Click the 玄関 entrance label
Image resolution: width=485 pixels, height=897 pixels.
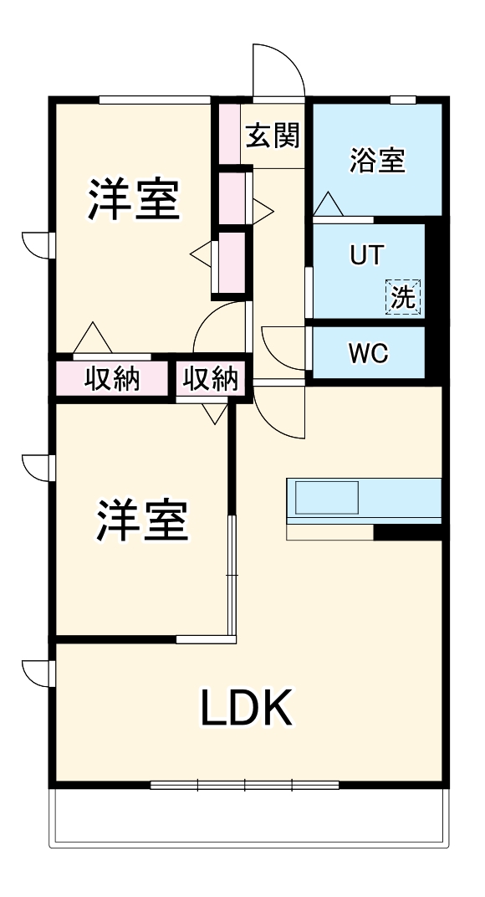coord(273,135)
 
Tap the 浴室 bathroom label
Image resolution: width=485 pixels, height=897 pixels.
coord(377,160)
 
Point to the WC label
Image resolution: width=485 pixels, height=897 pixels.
coord(368,353)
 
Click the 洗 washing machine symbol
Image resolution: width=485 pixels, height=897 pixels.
coord(403,296)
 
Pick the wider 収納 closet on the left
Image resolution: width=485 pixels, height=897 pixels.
coord(113,380)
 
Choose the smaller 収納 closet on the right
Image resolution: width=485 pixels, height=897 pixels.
coord(211,380)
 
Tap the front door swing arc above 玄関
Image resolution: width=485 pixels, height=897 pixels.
coord(278,67)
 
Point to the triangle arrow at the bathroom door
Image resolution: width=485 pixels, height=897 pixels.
coord(328,204)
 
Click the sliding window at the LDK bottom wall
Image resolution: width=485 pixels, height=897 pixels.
coord(245,785)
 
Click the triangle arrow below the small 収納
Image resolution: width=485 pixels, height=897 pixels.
coord(216,411)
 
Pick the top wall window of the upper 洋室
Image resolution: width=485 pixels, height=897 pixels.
coord(154,100)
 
